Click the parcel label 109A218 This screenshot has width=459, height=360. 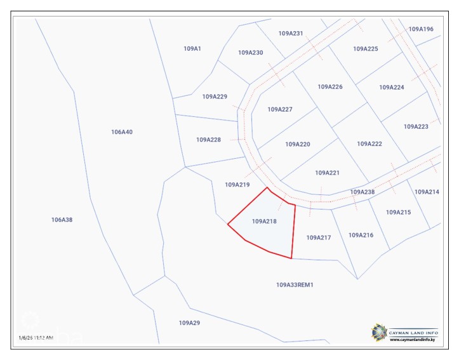(x=265, y=222)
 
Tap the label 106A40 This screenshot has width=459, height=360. (x=121, y=132)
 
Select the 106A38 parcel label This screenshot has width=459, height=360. (x=62, y=220)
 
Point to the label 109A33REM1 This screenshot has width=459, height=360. (x=295, y=285)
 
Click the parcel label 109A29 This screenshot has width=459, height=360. (x=189, y=323)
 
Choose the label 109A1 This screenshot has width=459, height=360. (x=192, y=48)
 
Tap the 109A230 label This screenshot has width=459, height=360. (x=251, y=53)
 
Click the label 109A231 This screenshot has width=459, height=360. (x=291, y=34)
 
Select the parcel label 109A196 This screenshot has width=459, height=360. (x=421, y=29)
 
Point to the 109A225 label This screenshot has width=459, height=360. (x=366, y=49)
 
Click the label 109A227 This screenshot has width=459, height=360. (x=280, y=109)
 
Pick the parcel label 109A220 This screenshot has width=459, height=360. (x=298, y=144)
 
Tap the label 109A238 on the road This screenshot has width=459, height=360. (x=363, y=192)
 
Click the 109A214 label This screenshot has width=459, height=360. (x=427, y=192)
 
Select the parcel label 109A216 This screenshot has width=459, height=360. (x=361, y=235)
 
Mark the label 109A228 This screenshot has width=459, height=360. (x=208, y=140)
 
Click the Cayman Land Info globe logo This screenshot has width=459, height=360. (x=379, y=331)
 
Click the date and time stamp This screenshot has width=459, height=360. (x=36, y=338)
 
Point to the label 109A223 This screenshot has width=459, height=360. (x=416, y=127)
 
